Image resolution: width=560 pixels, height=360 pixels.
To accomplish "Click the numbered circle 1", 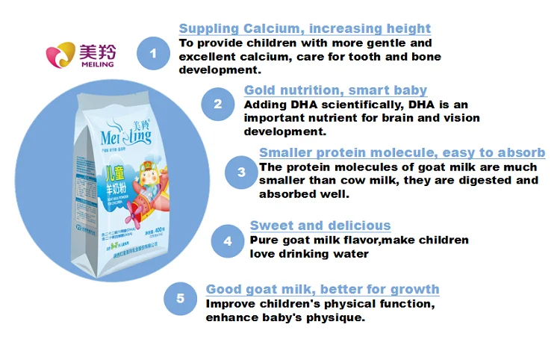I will (x=154, y=53).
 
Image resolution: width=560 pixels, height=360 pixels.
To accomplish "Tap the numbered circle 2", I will (x=218, y=103).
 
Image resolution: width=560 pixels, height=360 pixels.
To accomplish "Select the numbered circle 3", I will (x=241, y=172).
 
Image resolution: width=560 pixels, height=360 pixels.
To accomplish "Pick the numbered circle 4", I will (x=227, y=240).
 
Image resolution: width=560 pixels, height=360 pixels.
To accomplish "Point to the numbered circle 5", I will (x=181, y=299).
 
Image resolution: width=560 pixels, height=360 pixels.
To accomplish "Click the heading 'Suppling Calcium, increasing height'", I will (x=305, y=29).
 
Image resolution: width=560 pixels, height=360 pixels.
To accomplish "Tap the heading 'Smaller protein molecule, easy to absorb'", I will (x=402, y=153).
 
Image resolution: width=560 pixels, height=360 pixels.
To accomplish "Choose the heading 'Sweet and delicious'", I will (x=320, y=226).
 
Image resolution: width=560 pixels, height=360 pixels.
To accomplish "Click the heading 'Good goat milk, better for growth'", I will (x=323, y=289).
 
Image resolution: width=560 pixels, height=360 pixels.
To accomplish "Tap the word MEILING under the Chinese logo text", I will (x=97, y=64).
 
